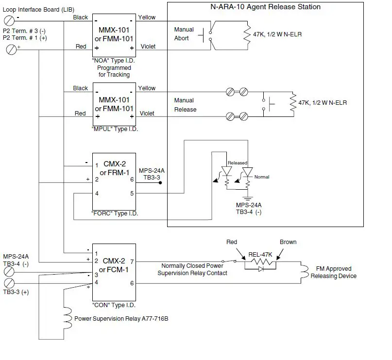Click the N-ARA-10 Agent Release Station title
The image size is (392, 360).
[265, 7]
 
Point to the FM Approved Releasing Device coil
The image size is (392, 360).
[303, 272]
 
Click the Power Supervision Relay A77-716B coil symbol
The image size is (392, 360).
[68, 318]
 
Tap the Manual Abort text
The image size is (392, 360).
[184, 34]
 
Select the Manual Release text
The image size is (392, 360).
[185, 105]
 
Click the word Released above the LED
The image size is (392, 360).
[238, 163]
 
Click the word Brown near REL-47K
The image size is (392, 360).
[288, 242]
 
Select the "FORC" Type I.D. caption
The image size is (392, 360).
[113, 213]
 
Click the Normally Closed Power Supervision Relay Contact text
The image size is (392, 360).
[192, 269]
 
